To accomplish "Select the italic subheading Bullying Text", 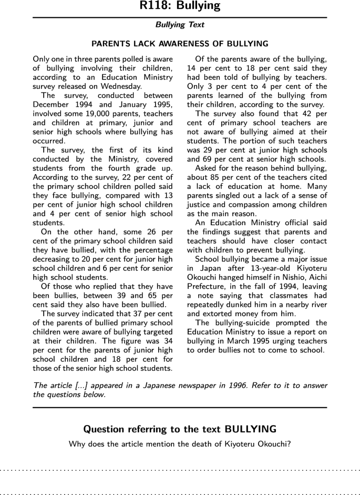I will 180,25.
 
